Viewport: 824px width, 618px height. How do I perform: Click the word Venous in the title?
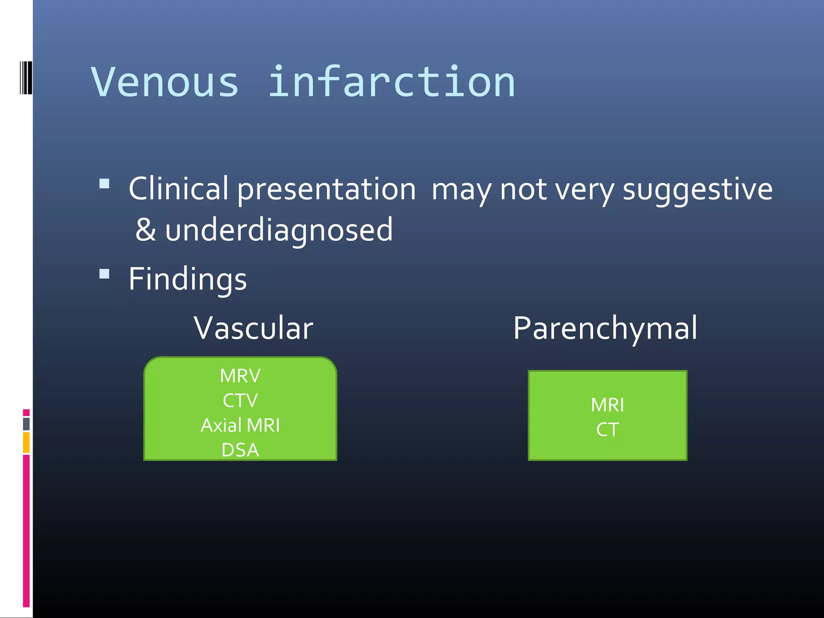tap(165, 82)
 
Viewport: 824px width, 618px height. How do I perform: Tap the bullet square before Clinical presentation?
tap(104, 184)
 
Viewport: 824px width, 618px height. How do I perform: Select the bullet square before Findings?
tap(104, 274)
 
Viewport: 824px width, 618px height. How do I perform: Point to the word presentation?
tap(326, 190)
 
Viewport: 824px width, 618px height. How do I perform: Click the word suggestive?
tap(697, 190)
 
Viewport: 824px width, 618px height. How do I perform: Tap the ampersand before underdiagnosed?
tap(145, 229)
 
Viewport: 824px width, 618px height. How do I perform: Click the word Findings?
tap(187, 279)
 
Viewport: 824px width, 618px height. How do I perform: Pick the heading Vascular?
tap(253, 328)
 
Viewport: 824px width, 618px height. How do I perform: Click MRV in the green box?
tap(240, 376)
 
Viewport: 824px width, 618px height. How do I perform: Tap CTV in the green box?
tap(240, 400)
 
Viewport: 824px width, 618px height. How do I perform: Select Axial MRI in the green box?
tap(240, 425)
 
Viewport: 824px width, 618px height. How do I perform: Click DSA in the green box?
tap(240, 450)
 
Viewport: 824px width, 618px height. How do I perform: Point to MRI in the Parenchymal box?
tap(607, 405)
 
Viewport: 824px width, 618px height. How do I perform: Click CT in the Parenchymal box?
tap(607, 430)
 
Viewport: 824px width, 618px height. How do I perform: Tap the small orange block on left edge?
tap(26, 443)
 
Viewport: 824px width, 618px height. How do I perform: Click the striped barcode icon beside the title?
tap(26, 78)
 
